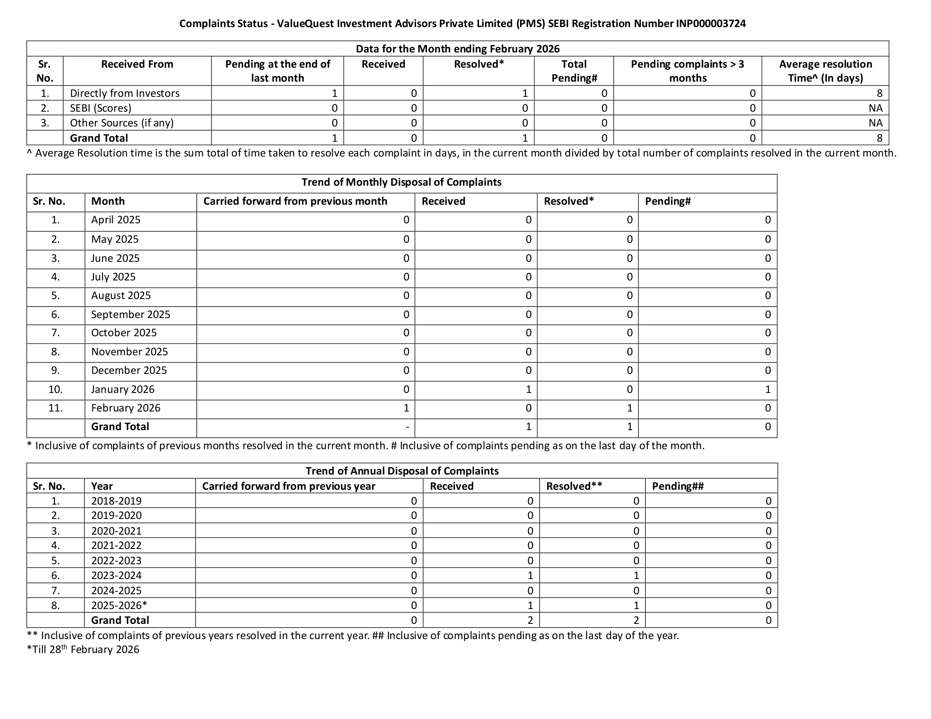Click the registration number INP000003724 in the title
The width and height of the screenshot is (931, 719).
click(x=711, y=23)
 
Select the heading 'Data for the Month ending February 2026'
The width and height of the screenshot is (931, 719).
click(x=457, y=49)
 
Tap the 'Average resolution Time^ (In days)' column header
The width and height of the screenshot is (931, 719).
click(x=825, y=71)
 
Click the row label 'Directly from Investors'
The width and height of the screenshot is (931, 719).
click(x=124, y=93)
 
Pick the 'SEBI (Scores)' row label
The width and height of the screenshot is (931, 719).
click(x=101, y=108)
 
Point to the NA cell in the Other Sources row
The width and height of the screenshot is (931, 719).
click(x=875, y=123)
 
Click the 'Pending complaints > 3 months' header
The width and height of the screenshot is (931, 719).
click(x=687, y=71)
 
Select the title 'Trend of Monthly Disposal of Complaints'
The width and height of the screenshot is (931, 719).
click(x=401, y=182)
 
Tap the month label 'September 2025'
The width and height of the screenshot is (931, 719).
click(x=130, y=314)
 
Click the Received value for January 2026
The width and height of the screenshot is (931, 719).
click(x=528, y=389)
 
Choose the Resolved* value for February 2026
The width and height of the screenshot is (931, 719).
click(x=629, y=408)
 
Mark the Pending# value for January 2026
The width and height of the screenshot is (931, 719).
click(x=767, y=389)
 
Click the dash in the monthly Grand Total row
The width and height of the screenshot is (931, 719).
click(x=408, y=427)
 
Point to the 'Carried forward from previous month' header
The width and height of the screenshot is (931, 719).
click(x=295, y=201)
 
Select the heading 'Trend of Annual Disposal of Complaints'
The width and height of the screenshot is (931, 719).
click(x=402, y=471)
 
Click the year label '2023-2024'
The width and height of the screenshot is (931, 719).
click(x=116, y=576)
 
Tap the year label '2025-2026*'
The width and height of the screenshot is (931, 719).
click(x=119, y=605)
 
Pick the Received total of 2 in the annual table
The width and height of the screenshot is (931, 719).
click(x=530, y=620)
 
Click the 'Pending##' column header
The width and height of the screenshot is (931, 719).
click(x=678, y=486)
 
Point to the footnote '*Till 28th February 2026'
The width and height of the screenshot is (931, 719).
click(x=83, y=650)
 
